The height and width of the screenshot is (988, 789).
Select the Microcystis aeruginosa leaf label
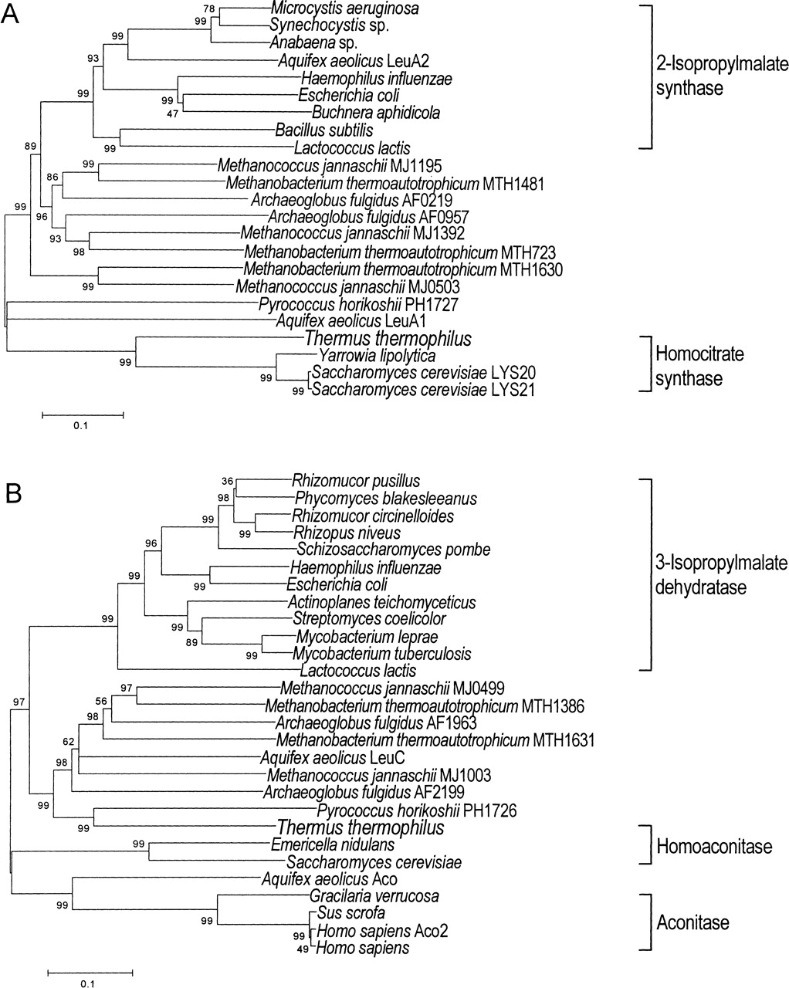344,8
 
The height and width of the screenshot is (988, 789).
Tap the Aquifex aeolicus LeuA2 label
354,61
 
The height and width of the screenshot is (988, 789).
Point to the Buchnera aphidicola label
376,113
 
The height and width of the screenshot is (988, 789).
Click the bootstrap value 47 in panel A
172,114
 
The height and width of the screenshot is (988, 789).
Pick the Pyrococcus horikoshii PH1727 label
358,304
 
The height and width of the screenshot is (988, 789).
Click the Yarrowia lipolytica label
377,355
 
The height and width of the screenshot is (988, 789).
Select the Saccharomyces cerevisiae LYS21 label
423,390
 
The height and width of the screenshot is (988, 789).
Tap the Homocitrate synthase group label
699,366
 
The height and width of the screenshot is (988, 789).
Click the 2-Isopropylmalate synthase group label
722,76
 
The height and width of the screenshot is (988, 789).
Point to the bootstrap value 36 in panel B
227,482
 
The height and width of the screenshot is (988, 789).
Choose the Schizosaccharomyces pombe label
394,549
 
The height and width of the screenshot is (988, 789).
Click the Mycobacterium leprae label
367,637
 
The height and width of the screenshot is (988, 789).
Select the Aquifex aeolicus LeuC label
333,757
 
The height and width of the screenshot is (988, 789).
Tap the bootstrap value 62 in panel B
69,742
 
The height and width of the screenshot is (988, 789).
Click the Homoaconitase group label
714,846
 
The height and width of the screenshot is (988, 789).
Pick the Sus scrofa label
351,912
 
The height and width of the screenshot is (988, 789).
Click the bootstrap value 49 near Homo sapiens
303,949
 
